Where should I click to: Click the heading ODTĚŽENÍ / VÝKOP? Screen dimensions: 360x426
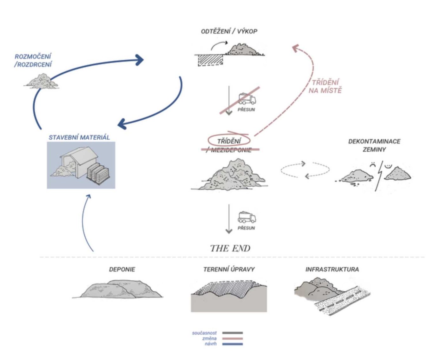[x=229, y=31]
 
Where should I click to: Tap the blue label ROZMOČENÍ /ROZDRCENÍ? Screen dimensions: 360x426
[x=33, y=60]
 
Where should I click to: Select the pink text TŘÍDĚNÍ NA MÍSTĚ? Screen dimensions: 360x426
[x=325, y=86]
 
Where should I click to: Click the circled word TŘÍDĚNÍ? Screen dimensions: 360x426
[x=229, y=141]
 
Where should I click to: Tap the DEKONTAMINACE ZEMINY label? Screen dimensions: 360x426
[x=374, y=145]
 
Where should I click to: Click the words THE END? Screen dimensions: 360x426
[x=230, y=248]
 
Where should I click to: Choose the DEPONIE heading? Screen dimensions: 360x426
[x=122, y=270]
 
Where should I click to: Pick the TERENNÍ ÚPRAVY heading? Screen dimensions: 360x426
[x=229, y=270]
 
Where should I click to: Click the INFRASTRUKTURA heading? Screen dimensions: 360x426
[x=332, y=270]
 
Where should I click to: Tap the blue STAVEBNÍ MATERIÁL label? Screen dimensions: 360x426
[x=79, y=137]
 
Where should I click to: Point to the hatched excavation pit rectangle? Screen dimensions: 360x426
[x=209, y=60]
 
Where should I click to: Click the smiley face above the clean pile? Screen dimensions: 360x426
[x=388, y=165]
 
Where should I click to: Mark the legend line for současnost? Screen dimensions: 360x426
[x=233, y=333]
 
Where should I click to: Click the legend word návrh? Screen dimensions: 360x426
[x=211, y=344]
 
